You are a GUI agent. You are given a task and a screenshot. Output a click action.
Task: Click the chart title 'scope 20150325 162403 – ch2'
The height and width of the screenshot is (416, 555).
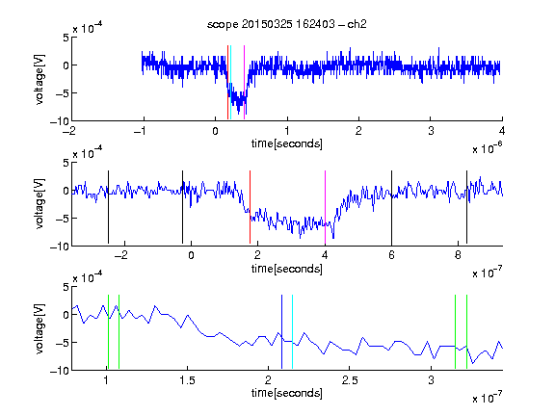[287, 24]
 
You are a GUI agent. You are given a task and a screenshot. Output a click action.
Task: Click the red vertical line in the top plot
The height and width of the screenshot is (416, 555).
[227, 83]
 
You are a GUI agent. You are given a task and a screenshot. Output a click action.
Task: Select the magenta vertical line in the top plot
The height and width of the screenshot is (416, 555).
[244, 83]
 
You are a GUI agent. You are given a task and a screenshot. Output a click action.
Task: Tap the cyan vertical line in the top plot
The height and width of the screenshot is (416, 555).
[230, 83]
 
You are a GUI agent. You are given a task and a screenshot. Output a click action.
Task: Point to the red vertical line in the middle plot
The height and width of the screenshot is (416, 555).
[250, 207]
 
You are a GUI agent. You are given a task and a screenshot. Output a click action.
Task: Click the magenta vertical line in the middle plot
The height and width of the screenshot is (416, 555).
[325, 207]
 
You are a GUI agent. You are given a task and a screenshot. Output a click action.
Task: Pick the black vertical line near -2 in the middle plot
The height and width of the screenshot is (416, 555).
[108, 207]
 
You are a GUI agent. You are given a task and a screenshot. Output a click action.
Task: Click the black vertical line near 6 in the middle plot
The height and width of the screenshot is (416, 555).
[391, 207]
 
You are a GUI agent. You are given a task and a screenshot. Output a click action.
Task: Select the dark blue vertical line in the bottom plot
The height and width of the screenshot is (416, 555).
[281, 332]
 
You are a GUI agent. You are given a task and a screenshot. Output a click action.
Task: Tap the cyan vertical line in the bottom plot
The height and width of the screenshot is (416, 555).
[292, 332]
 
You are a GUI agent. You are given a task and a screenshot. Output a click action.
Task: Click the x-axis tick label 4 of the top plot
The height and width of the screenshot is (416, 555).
[502, 131]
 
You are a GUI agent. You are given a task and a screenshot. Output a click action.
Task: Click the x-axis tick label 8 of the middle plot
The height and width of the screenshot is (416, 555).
[458, 255]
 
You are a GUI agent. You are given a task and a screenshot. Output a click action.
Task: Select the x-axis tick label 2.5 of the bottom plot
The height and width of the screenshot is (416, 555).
[350, 380]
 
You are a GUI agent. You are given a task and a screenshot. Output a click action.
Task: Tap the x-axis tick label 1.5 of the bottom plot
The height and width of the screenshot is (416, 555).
[187, 380]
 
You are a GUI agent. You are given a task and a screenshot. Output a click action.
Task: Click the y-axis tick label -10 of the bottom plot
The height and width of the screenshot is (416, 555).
[60, 371]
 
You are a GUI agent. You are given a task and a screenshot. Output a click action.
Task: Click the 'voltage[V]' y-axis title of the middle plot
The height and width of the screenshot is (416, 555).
[40, 204]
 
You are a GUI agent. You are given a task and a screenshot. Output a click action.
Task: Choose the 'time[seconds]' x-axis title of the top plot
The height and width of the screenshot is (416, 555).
[287, 144]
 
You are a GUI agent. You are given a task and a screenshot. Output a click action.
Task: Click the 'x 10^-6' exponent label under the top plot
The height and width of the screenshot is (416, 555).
[488, 148]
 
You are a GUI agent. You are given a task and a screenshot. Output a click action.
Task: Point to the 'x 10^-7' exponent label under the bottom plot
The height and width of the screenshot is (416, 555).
[488, 398]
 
